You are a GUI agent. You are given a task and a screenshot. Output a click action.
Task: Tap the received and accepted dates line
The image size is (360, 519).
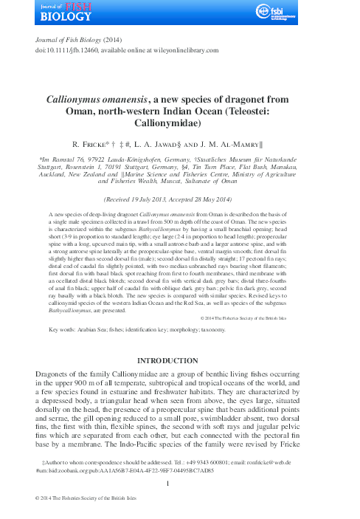(180, 199)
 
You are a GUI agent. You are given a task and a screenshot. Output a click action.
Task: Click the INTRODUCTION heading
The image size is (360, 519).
(180, 361)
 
